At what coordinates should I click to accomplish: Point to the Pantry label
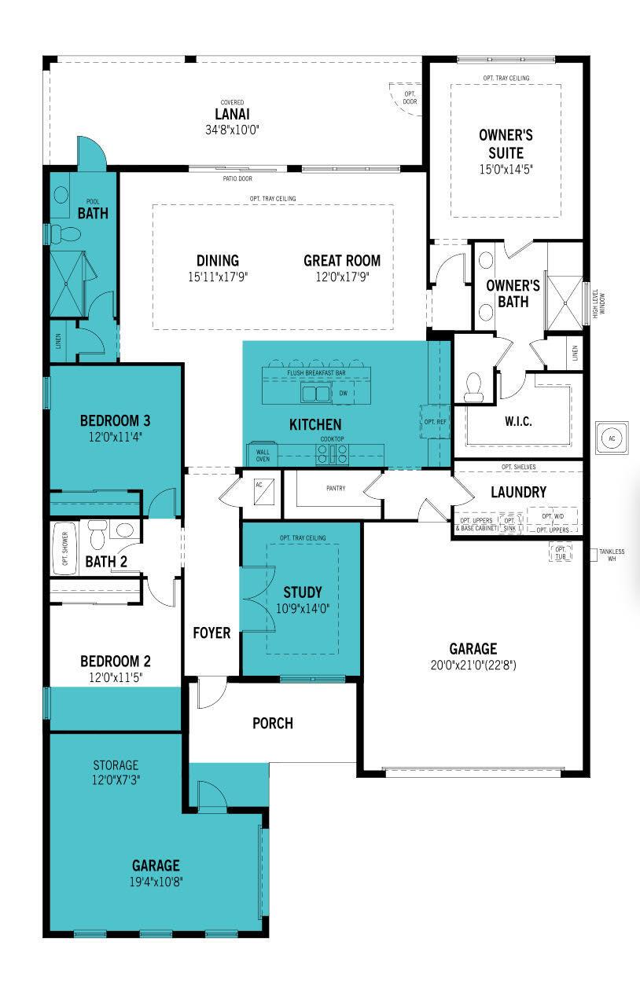[x=336, y=489]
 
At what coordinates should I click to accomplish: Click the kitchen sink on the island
[x=317, y=393]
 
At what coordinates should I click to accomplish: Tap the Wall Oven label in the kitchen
[x=263, y=454]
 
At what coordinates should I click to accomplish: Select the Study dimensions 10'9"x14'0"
[x=303, y=607]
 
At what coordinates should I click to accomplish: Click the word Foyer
[x=212, y=632]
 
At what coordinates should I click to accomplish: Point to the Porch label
[x=272, y=723]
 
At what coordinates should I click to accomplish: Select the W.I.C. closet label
[x=517, y=421]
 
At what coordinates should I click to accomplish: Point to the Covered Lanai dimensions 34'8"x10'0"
[x=232, y=128]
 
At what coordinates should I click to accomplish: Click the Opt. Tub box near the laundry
[x=561, y=553]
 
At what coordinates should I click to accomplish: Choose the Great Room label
[x=342, y=261]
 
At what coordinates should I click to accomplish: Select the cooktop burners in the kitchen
[x=333, y=453]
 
